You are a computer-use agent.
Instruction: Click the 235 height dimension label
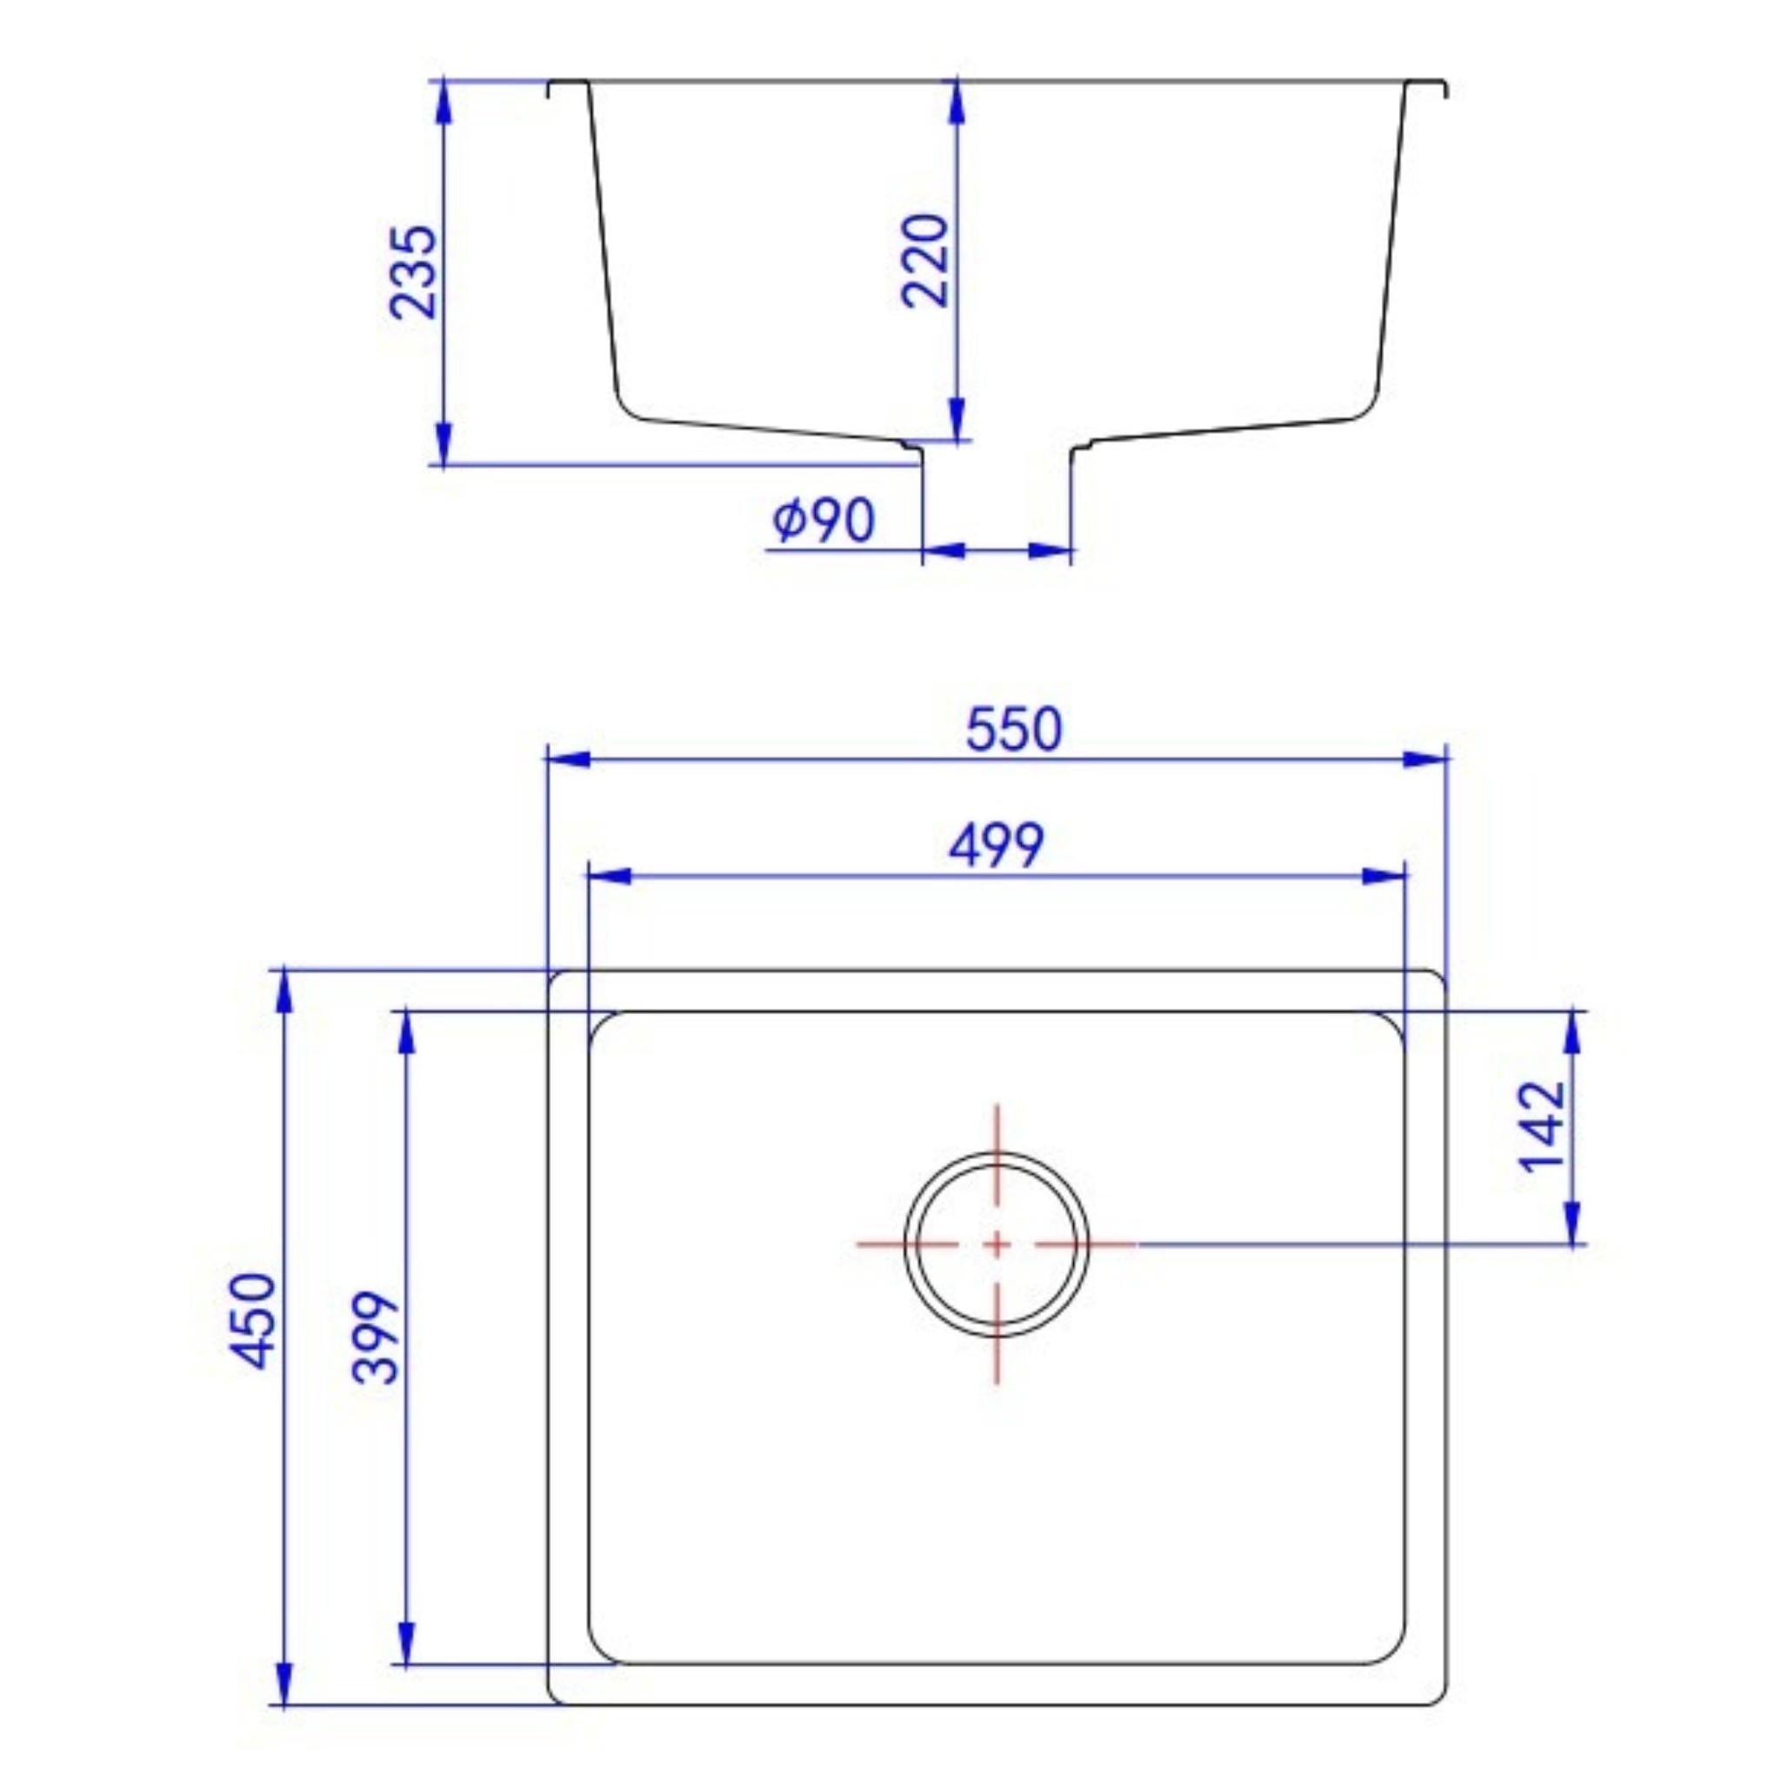(x=412, y=272)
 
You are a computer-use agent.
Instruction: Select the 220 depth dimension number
(x=924, y=261)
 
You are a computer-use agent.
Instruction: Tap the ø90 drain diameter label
(x=824, y=521)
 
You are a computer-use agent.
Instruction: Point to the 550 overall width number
(x=1014, y=728)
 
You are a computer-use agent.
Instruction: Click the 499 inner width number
(x=997, y=844)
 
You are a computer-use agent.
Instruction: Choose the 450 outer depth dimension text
(x=251, y=1321)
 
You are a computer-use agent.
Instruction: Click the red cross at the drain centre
(x=997, y=1244)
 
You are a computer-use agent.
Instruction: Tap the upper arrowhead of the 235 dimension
(x=444, y=101)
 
